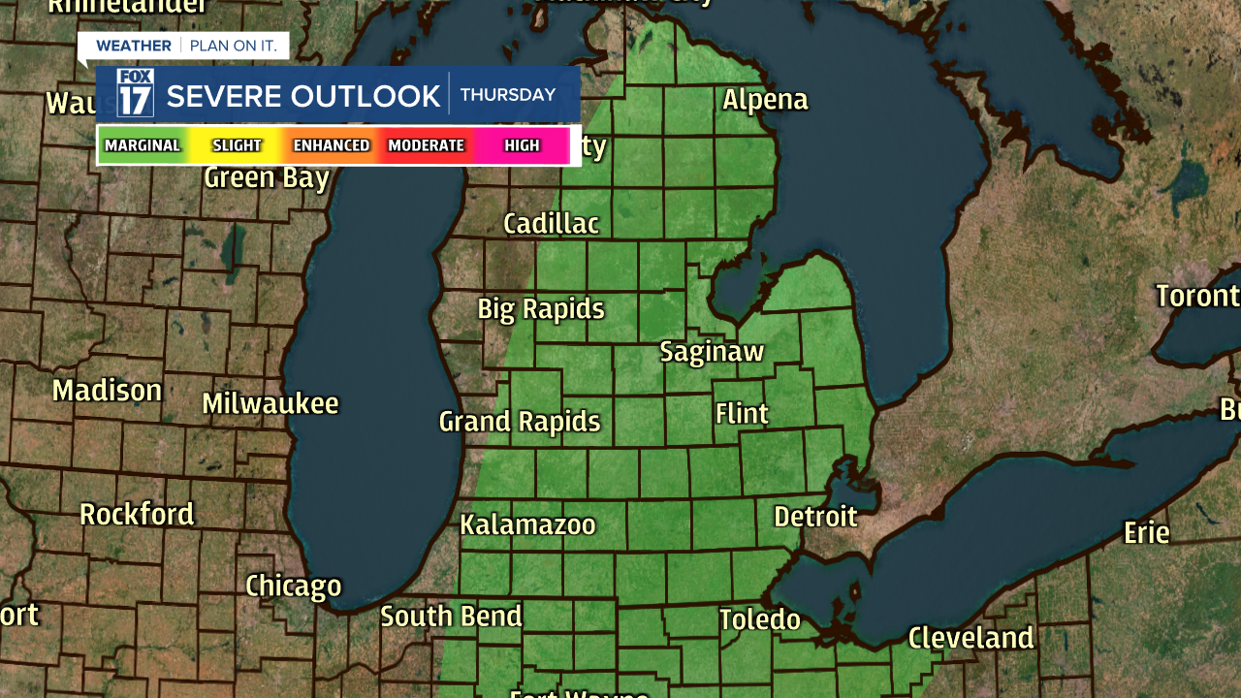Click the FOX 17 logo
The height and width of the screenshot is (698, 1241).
(135, 93)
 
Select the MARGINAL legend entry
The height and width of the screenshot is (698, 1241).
(143, 145)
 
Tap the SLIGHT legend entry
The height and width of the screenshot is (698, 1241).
(238, 145)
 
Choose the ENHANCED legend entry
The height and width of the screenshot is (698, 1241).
(332, 145)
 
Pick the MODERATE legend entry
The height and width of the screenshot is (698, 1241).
(426, 145)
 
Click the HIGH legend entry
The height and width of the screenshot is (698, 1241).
(522, 145)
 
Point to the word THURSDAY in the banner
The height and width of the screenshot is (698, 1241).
(507, 95)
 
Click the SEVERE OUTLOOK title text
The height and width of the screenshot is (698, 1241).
(303, 96)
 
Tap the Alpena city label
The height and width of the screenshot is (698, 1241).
(765, 100)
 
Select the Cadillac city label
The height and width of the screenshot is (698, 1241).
(551, 224)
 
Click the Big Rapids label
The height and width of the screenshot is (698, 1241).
(540, 309)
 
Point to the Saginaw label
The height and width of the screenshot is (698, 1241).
(712, 352)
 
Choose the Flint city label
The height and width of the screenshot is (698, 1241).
(742, 414)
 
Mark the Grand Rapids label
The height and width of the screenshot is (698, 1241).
(520, 422)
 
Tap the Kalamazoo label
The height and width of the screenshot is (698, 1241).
(527, 525)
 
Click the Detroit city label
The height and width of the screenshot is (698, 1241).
(815, 517)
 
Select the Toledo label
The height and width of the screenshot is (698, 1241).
(760, 619)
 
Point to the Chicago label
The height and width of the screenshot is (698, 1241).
(293, 587)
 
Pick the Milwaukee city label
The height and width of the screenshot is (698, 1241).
(270, 404)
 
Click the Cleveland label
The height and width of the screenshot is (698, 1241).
(971, 638)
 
